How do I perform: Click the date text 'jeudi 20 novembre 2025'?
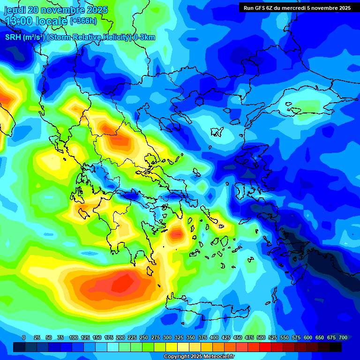pyautogui.click(x=56, y=10)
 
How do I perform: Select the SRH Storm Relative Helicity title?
pyautogui.click(x=80, y=37)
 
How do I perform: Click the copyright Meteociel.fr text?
pyautogui.click(x=199, y=357)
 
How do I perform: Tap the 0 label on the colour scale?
pyautogui.click(x=24, y=337)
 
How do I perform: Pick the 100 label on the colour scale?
pyautogui.click(x=74, y=337)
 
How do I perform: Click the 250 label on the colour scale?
pyautogui.click(x=144, y=337)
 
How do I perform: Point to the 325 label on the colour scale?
pyautogui.click(x=179, y=337)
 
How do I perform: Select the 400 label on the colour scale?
pyautogui.click(x=214, y=337)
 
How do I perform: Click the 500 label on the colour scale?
pyautogui.click(x=261, y=337)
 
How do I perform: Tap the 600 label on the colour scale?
pyautogui.click(x=308, y=337)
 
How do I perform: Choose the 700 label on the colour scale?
pyautogui.click(x=343, y=337)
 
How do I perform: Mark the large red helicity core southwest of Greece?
pyautogui.click(x=120, y=284)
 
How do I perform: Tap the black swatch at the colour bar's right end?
pyautogui.click(x=336, y=347)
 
